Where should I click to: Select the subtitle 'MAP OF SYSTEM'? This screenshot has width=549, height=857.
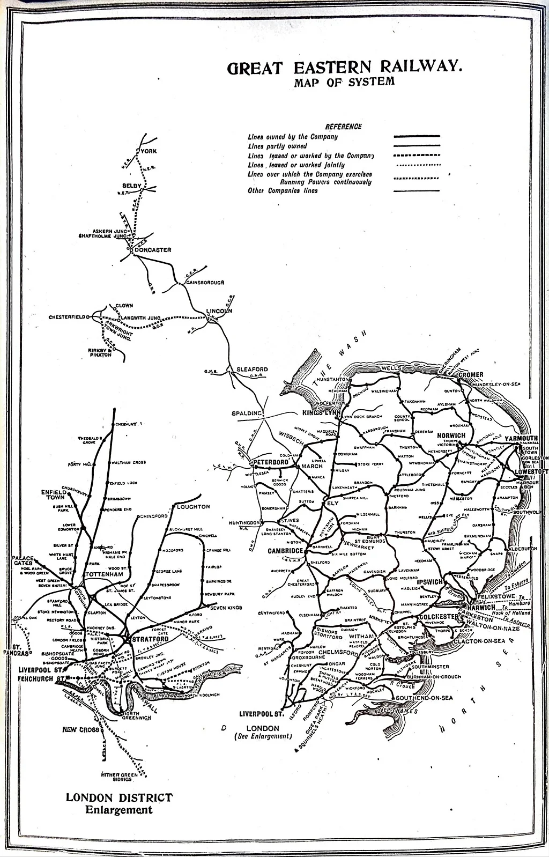click(344, 82)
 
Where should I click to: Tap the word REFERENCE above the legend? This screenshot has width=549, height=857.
click(343, 127)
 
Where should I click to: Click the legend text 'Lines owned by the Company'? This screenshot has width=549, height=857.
click(293, 137)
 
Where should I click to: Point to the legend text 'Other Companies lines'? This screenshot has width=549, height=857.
click(283, 190)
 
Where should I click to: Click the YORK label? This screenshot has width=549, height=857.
click(149, 151)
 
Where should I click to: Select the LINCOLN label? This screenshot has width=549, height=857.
click(219, 311)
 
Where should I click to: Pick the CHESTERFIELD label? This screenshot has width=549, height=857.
click(67, 317)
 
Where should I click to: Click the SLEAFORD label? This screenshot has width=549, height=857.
click(252, 370)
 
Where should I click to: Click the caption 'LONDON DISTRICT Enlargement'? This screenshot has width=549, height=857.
click(119, 803)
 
